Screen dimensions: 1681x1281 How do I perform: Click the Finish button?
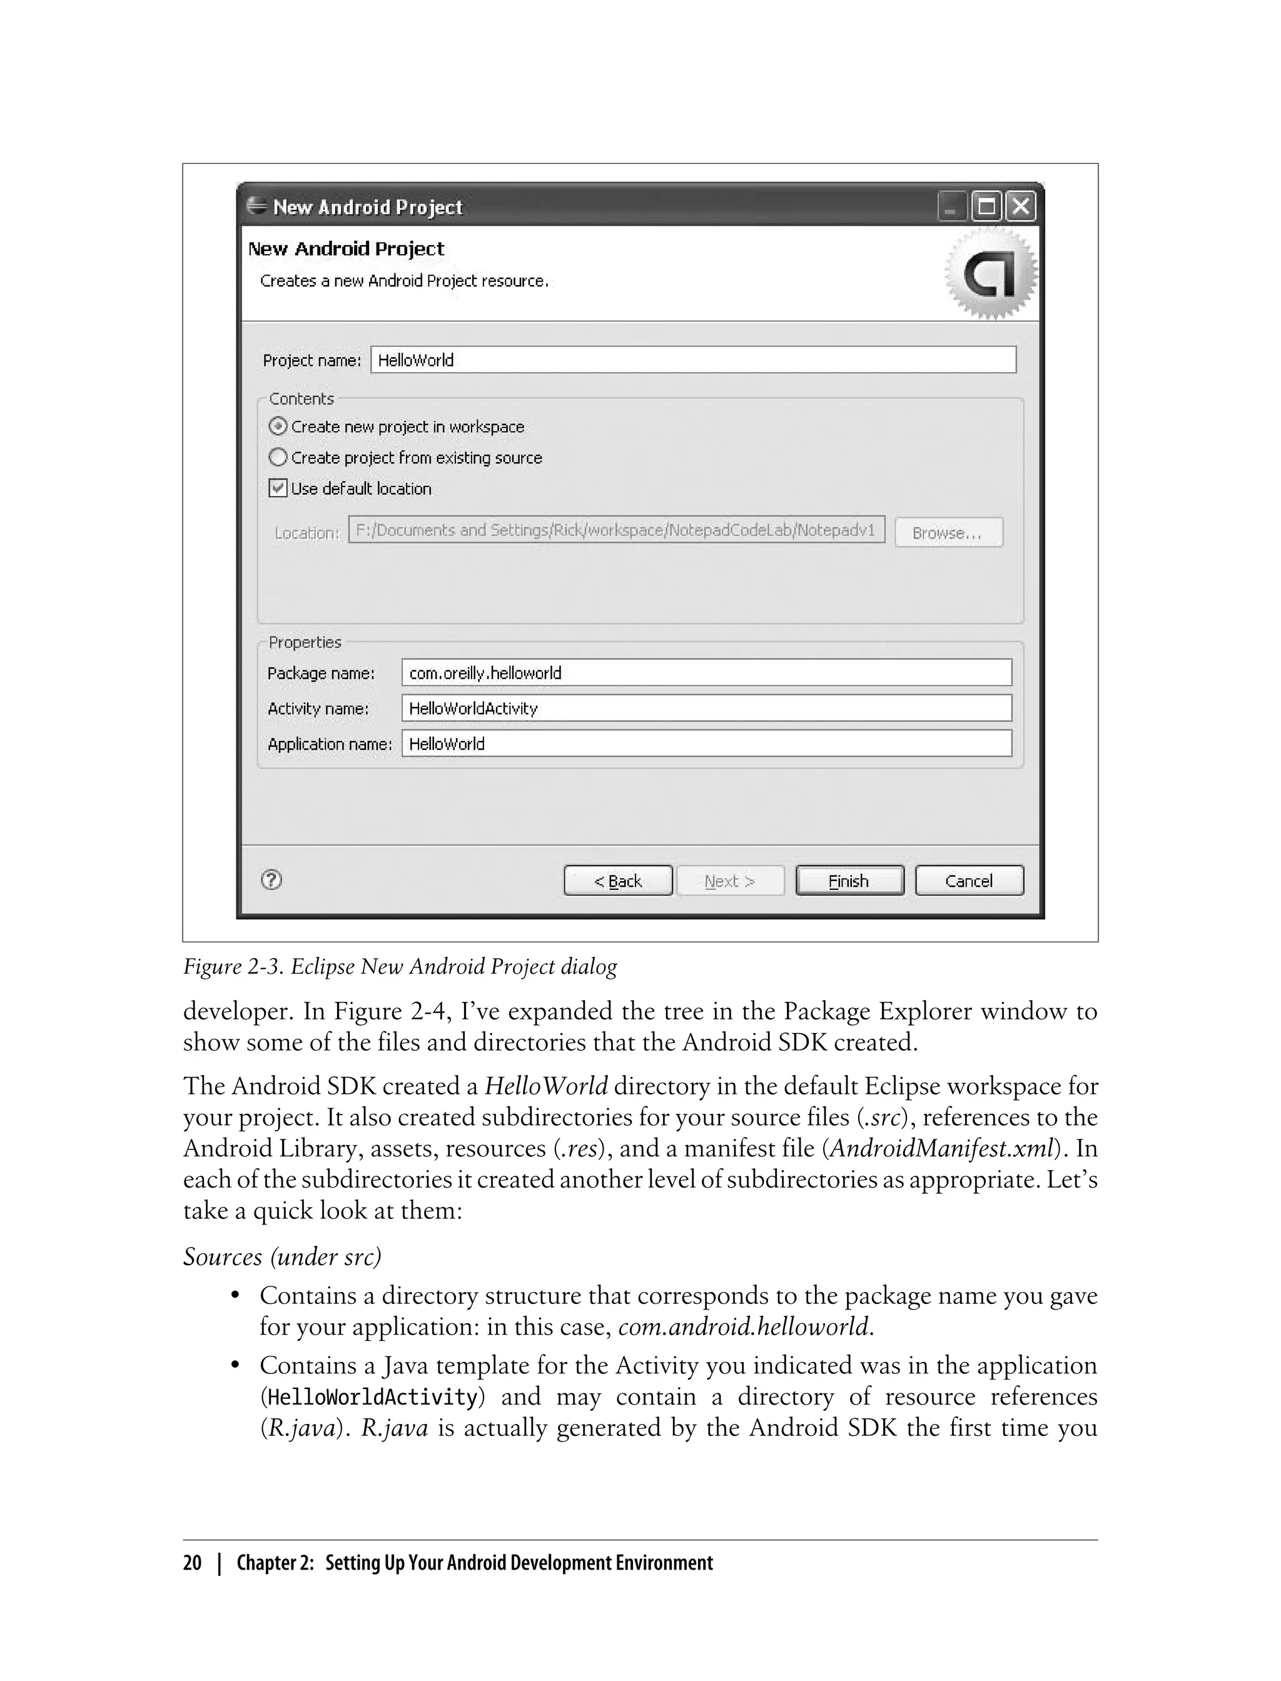849,881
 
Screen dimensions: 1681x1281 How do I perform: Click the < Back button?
617,881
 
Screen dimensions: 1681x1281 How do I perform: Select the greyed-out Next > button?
730,881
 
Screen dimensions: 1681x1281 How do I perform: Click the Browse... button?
948,533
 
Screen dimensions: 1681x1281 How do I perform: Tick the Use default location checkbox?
278,488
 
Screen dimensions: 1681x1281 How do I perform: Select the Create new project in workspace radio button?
278,426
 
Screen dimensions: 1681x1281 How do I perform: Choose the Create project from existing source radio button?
278,457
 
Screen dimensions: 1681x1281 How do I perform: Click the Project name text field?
692,360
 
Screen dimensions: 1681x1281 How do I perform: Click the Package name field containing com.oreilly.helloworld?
706,672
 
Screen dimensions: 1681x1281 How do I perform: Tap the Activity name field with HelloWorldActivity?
706,708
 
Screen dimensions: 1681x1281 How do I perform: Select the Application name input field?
706,744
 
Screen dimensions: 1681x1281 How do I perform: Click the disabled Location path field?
616,530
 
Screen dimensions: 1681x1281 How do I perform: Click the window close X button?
1020,206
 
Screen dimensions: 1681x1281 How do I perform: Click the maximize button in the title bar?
986,206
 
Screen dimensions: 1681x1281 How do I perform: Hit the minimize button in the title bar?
951,206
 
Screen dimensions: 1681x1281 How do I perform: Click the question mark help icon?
271,880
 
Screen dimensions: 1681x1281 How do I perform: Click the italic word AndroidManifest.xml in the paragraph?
942,1148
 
